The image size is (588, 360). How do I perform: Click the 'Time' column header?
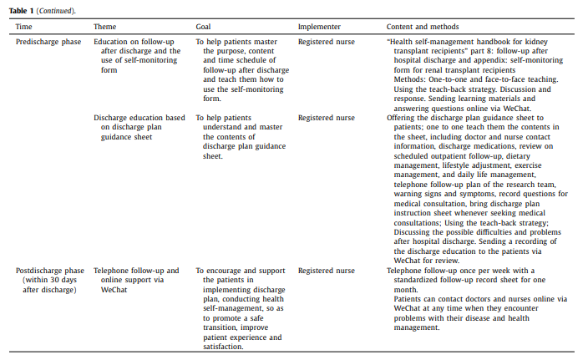click(23, 28)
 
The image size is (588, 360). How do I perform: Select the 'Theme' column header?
click(105, 28)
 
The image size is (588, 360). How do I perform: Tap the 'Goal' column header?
click(204, 28)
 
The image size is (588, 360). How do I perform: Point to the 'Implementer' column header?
click(319, 28)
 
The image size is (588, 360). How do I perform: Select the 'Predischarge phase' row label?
click(48, 40)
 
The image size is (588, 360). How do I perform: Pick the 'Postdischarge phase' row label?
click(51, 271)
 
